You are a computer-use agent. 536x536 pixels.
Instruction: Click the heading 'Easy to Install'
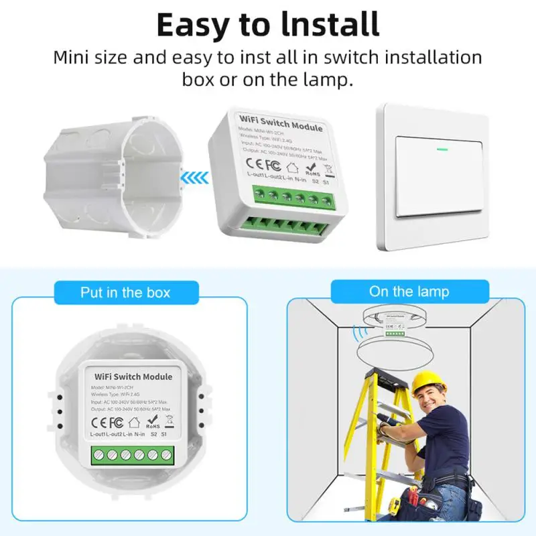click(268, 24)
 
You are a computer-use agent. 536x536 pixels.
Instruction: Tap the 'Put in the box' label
click(125, 293)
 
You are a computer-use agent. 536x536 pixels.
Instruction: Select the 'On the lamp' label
click(409, 291)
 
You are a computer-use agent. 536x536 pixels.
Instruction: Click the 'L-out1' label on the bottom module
click(97, 435)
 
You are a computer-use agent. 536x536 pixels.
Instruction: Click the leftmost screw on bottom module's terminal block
click(98, 455)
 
